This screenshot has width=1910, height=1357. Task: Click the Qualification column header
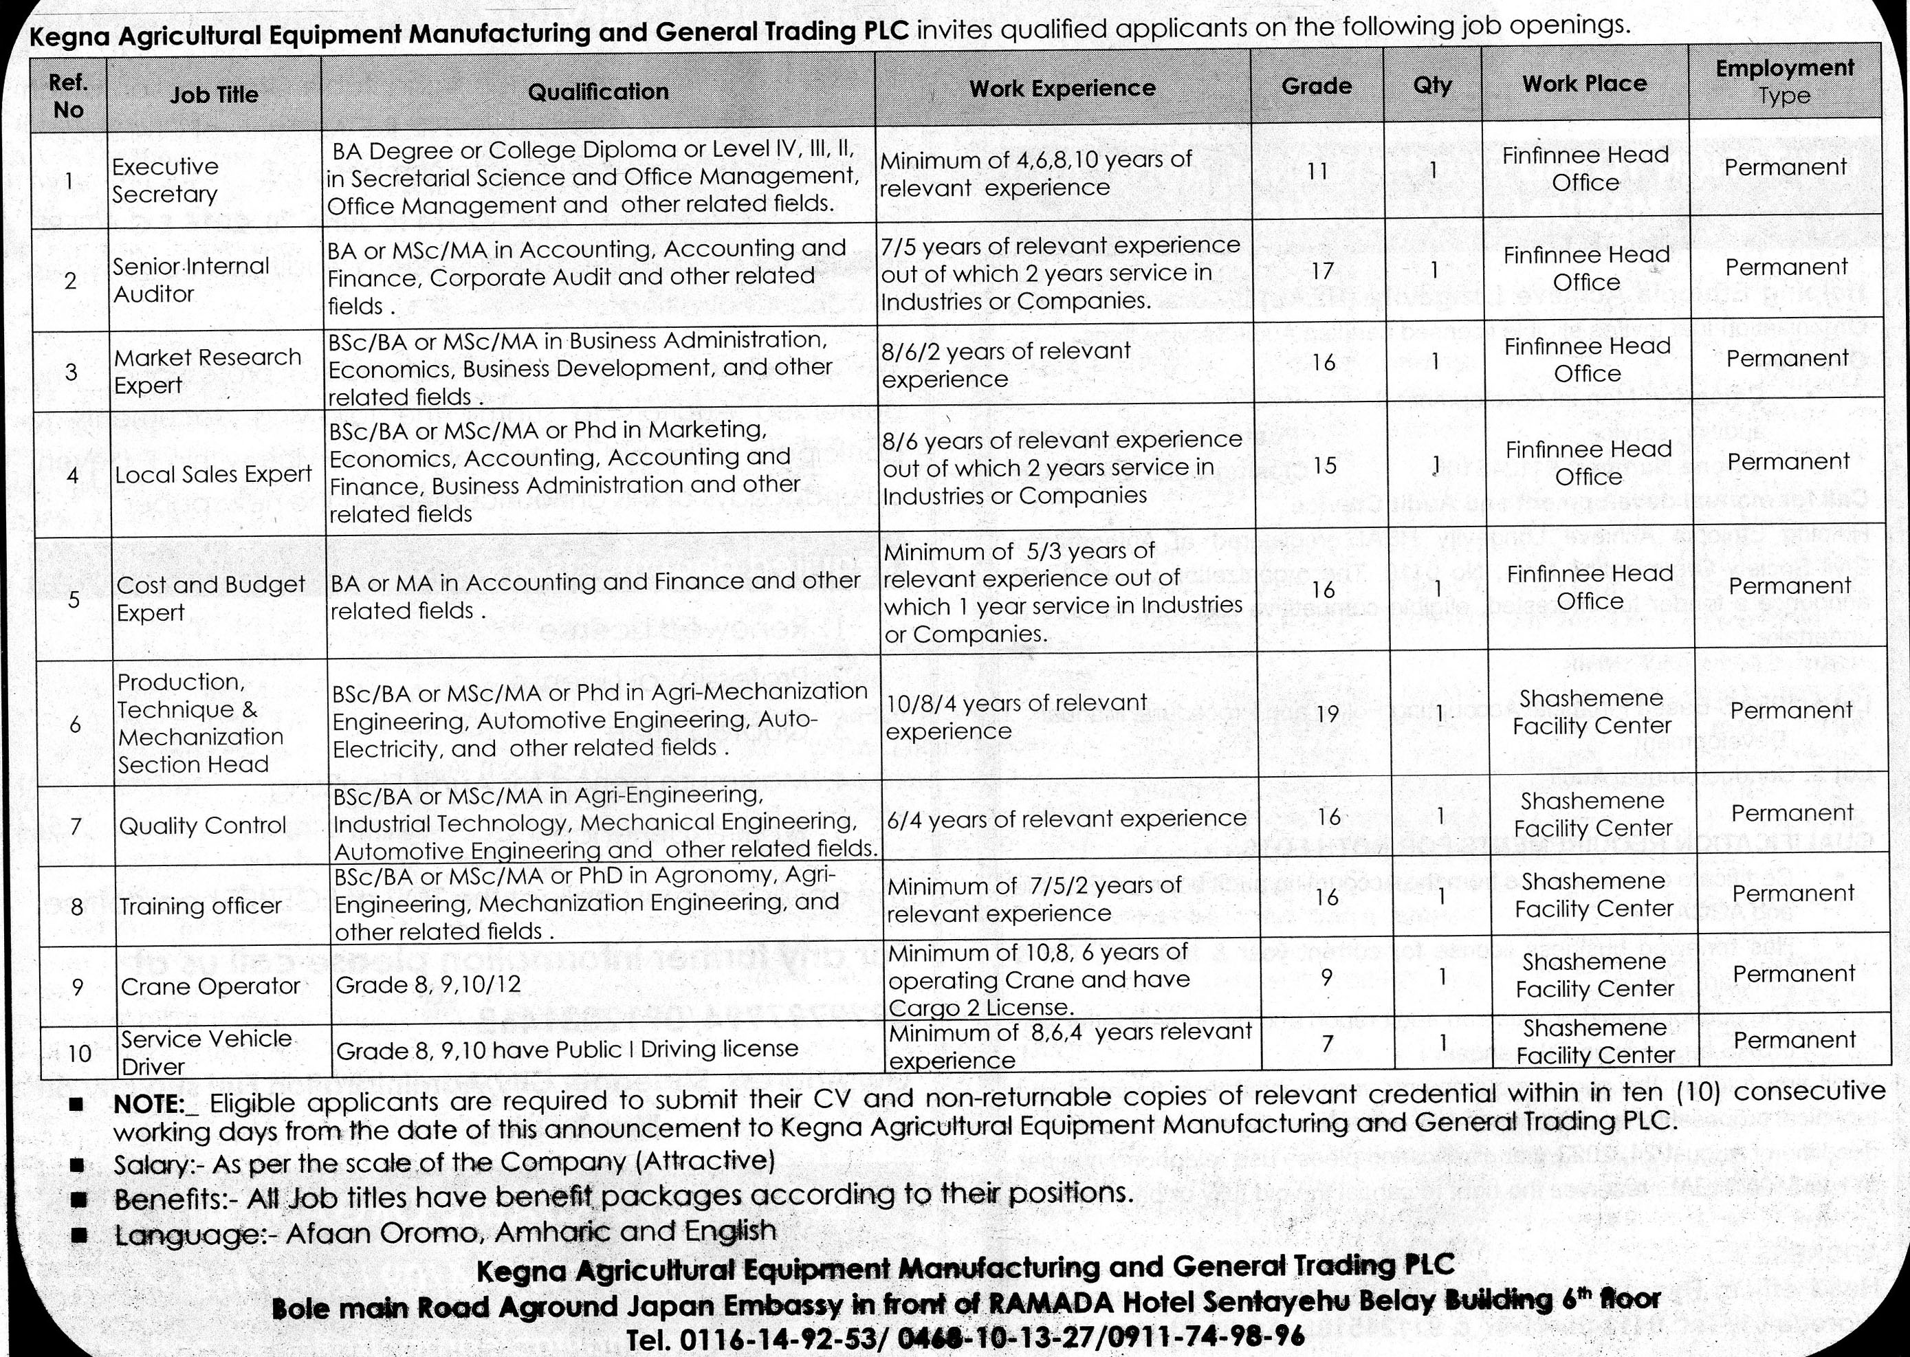[598, 91]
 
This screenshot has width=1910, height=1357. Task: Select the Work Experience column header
[1062, 88]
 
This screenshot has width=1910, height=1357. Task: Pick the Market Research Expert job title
[207, 371]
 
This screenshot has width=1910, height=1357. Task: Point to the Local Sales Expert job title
[213, 474]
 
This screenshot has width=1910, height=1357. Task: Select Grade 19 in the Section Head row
[1327, 714]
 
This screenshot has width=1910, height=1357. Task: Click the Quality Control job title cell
[203, 826]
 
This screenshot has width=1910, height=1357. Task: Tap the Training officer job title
[201, 906]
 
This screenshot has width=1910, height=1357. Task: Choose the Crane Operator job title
[210, 986]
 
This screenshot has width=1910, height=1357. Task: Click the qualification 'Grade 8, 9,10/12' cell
[428, 984]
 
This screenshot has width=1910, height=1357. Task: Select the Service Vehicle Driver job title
[206, 1052]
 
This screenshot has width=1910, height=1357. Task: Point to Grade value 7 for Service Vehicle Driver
[1328, 1043]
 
